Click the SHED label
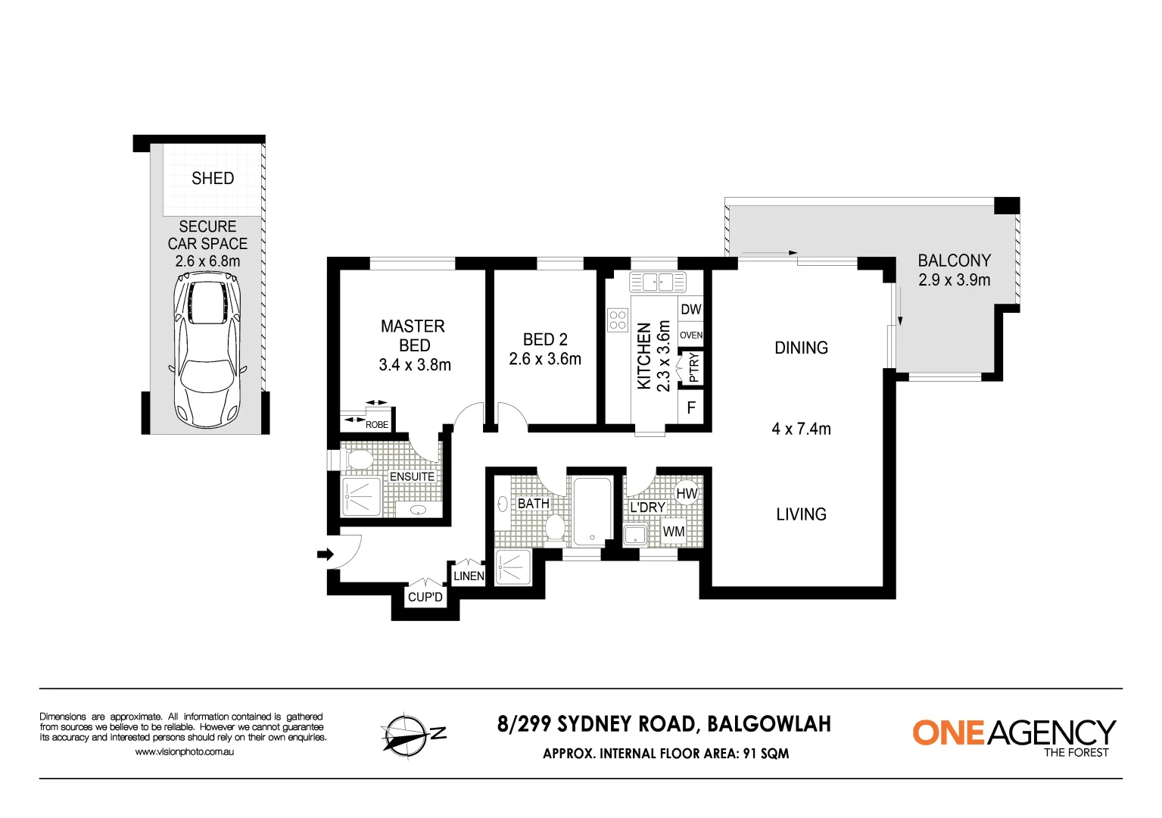tap(213, 179)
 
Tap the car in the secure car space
tap(207, 350)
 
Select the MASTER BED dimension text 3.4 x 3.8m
tap(415, 365)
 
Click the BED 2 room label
tap(545, 340)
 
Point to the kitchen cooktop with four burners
tap(618, 320)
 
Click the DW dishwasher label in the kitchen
tap(691, 309)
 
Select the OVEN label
tap(691, 336)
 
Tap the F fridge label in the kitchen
tap(691, 408)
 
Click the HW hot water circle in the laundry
tap(687, 494)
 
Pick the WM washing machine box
tap(673, 532)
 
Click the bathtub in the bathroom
tap(592, 511)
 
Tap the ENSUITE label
tap(412, 476)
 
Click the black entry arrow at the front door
tap(326, 554)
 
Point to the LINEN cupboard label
tap(469, 576)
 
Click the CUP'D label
tap(425, 597)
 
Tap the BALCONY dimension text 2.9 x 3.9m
tap(954, 280)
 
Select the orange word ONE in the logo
tap(949, 733)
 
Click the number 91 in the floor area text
tap(750, 754)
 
